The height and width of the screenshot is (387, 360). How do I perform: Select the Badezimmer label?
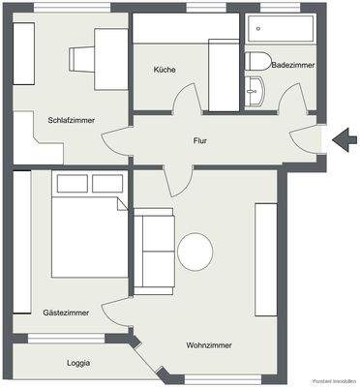point(292,65)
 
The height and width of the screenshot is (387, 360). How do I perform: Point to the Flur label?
point(200,141)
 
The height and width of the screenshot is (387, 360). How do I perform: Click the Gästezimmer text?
point(66,313)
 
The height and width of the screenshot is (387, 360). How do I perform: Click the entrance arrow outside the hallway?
point(345,142)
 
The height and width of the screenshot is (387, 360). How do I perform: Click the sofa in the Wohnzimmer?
point(153,252)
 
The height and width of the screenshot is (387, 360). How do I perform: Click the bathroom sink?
point(255,95)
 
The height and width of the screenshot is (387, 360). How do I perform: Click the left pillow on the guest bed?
point(72,183)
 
